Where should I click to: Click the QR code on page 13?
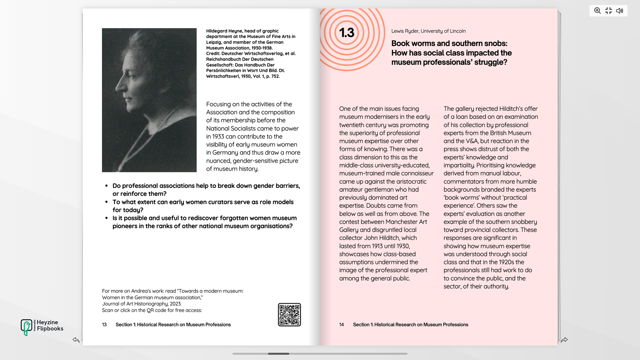[289, 315]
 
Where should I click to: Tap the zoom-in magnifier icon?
[597, 11]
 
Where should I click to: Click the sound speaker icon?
[619, 11]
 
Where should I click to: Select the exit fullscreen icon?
[608, 11]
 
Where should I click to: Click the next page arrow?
[564, 340]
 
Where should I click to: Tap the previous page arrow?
[76, 340]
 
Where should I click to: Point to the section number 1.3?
[347, 33]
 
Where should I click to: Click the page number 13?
[104, 325]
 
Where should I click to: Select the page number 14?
[341, 325]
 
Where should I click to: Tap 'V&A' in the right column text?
[471, 141]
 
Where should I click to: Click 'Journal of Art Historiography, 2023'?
[142, 304]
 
